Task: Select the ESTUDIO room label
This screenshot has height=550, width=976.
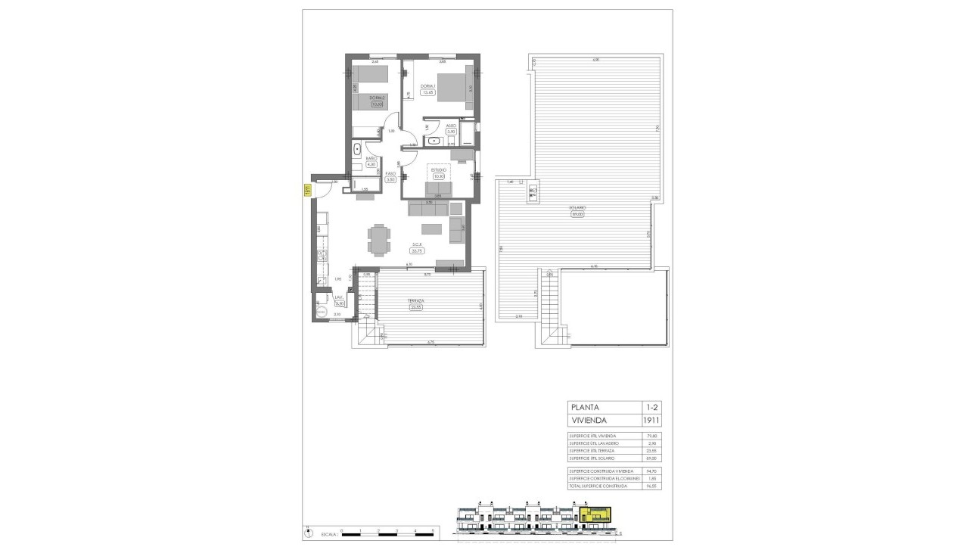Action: [x=439, y=171]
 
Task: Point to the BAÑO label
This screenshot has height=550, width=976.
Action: [x=371, y=158]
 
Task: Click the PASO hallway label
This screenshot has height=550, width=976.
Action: [x=390, y=173]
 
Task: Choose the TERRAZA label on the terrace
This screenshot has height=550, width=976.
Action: [x=415, y=301]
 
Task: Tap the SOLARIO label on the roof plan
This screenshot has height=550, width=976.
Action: [x=577, y=207]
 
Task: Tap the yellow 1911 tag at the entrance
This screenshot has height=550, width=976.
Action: [x=306, y=191]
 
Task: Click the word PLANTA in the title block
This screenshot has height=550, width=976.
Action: [x=586, y=406]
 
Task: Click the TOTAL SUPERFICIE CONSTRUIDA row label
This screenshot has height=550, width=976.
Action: [x=598, y=486]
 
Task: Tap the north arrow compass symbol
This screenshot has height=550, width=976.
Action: [x=308, y=532]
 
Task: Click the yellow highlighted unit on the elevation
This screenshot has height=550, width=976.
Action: [x=596, y=515]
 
